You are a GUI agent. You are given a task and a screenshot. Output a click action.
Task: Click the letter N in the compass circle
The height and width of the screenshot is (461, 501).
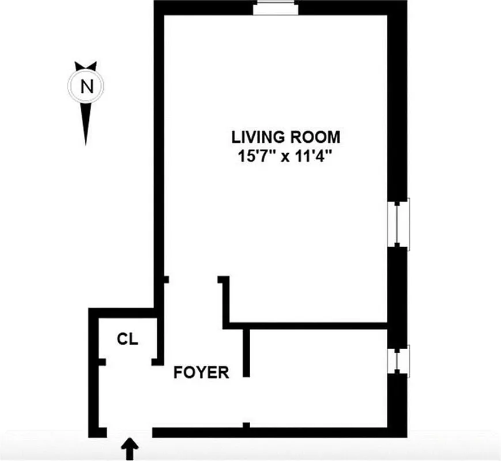(x=86, y=86)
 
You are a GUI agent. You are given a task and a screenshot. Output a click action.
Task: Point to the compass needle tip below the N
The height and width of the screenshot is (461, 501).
(x=86, y=141)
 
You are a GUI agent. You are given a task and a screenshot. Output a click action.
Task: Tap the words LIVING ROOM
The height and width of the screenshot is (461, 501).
(x=285, y=137)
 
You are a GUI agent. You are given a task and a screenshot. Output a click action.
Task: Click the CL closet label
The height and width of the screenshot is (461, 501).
(x=128, y=339)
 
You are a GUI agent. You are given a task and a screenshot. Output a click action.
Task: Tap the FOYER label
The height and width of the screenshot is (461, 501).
(x=201, y=373)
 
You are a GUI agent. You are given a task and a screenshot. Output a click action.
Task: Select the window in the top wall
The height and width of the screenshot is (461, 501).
(x=276, y=8)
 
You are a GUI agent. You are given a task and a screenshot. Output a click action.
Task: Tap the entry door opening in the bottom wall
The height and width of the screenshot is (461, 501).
(x=129, y=432)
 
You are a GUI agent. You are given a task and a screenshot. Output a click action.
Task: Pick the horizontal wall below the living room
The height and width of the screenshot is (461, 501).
(x=306, y=326)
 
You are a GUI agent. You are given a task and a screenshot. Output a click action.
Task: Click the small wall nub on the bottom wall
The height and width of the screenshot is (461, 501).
(x=246, y=426)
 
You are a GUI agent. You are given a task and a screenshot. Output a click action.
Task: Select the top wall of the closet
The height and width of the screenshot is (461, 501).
(x=122, y=312)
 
